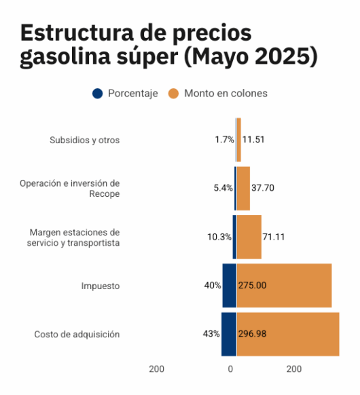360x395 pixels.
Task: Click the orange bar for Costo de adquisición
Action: (x=288, y=334)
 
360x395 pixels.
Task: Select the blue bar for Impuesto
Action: (x=229, y=285)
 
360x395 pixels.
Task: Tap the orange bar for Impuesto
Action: (x=284, y=285)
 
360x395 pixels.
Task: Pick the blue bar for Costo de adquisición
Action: (x=228, y=334)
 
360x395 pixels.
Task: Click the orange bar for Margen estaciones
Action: (x=249, y=237)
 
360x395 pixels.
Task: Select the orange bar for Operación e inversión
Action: (x=243, y=188)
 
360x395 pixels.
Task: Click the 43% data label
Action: (x=211, y=334)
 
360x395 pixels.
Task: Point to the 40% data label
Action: (x=213, y=285)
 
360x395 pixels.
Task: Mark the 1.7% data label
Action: (x=224, y=140)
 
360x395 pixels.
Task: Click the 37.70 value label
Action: (x=263, y=188)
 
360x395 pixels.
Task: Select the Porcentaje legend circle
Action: (x=97, y=94)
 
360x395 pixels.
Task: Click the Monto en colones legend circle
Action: (x=173, y=94)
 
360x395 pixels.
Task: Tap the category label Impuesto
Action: (x=100, y=286)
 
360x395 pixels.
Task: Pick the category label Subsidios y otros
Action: (x=84, y=140)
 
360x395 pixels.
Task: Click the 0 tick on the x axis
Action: (x=231, y=369)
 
